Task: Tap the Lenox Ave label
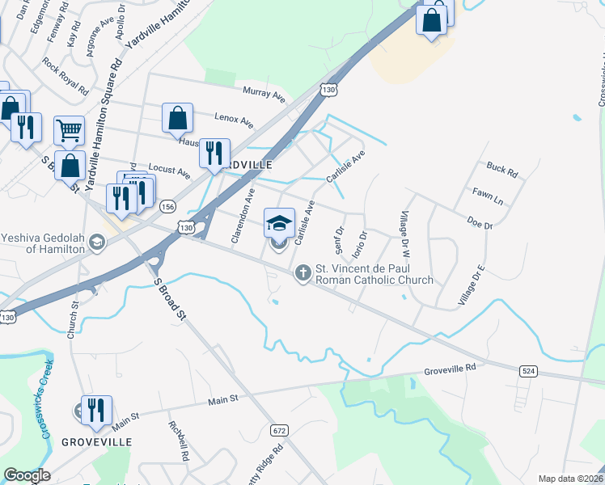(x=234, y=120)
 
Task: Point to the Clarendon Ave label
(x=243, y=215)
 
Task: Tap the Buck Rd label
(x=501, y=169)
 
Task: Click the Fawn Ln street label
(x=488, y=194)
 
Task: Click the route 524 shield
(x=527, y=370)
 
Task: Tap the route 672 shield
(x=279, y=429)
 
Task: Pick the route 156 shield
(x=167, y=206)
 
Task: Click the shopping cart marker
(x=70, y=129)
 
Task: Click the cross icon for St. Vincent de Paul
(x=303, y=273)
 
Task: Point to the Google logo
(x=27, y=475)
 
